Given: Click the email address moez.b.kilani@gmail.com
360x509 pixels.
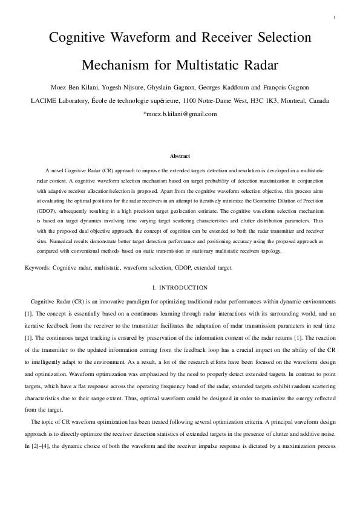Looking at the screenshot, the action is click(180, 113).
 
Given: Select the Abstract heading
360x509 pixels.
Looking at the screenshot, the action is click(180, 156).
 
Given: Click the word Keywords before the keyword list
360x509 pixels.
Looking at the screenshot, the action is click(38, 267).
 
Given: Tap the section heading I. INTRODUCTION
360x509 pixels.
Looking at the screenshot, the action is click(180, 287).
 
